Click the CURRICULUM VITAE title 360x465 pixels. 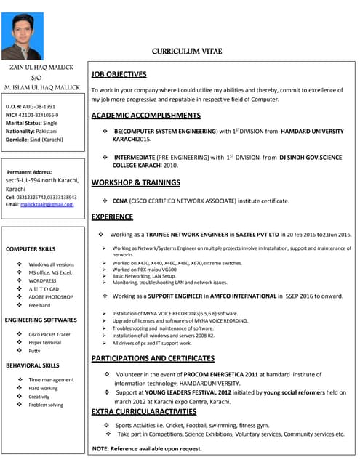coord(187,51)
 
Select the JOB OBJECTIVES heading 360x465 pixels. coord(119,74)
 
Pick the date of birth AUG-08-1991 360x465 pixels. coord(39,106)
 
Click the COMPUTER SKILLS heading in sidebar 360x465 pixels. coord(31,248)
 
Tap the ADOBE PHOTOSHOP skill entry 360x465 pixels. coord(51,296)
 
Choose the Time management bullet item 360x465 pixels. coord(51,379)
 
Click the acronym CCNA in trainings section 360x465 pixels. coord(120,201)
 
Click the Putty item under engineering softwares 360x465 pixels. coord(35,351)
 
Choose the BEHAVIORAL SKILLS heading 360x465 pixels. coord(32,365)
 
